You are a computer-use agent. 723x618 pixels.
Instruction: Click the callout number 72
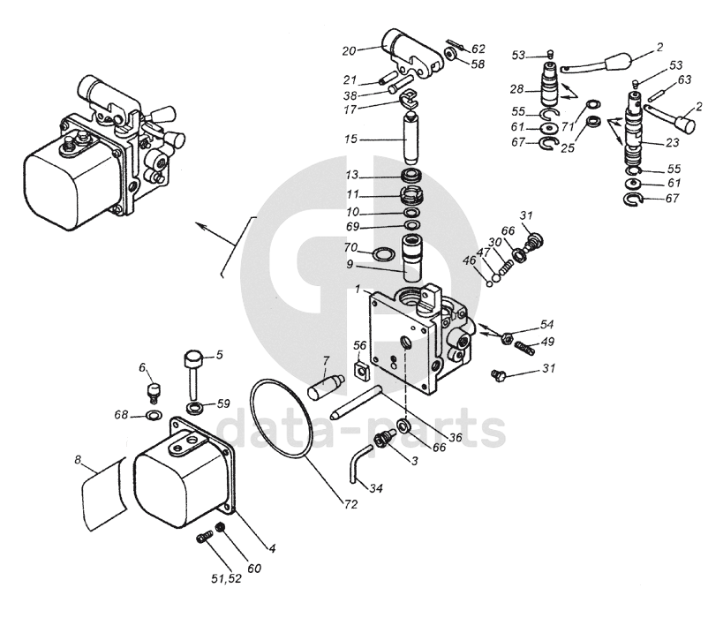[350, 504]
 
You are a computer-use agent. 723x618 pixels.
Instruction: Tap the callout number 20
[349, 50]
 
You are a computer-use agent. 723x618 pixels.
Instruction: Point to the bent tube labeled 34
[358, 463]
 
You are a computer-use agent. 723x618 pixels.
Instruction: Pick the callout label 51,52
[226, 578]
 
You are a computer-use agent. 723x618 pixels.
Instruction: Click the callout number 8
[78, 459]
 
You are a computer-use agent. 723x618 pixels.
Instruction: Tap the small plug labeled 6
[153, 391]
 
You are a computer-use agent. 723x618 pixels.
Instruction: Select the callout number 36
[456, 436]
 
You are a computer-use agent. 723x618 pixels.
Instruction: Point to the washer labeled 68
[153, 415]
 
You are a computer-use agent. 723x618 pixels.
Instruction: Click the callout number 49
[547, 342]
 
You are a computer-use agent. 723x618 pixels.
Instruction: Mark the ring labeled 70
[383, 253]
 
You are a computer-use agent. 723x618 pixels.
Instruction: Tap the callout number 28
[517, 88]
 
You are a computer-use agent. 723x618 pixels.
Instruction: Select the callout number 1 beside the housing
[358, 290]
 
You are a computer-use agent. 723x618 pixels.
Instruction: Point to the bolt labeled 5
[193, 374]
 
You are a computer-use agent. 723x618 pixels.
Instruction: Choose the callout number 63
[684, 79]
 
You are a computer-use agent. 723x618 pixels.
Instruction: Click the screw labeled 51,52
[204, 538]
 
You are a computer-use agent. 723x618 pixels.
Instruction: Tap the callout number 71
[568, 126]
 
